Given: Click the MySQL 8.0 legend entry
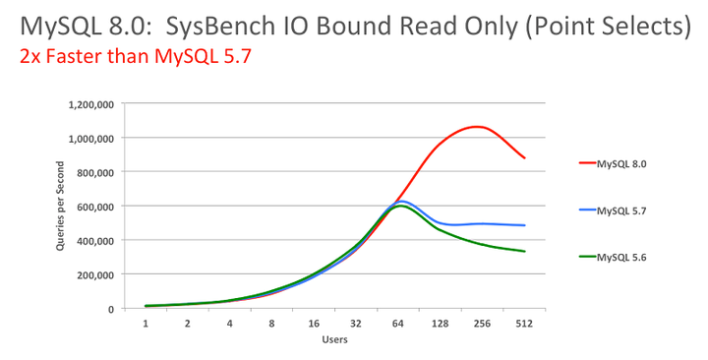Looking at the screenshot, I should (x=620, y=164).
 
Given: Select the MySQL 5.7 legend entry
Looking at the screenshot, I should (x=620, y=210).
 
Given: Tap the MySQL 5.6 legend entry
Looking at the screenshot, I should (x=620, y=257).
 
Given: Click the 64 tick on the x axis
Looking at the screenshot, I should (x=398, y=323).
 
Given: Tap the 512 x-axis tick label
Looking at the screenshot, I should (x=524, y=323).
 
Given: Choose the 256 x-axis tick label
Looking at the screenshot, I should (x=482, y=323).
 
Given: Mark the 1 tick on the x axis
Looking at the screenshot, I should (x=146, y=323).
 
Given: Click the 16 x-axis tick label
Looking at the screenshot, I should (x=314, y=323).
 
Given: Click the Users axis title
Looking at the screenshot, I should (x=334, y=340).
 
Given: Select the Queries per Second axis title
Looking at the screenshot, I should (x=60, y=207).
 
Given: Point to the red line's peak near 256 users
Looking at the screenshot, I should (x=477, y=126).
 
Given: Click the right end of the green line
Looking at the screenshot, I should (x=524, y=251).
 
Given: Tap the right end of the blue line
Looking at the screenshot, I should (x=524, y=225).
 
